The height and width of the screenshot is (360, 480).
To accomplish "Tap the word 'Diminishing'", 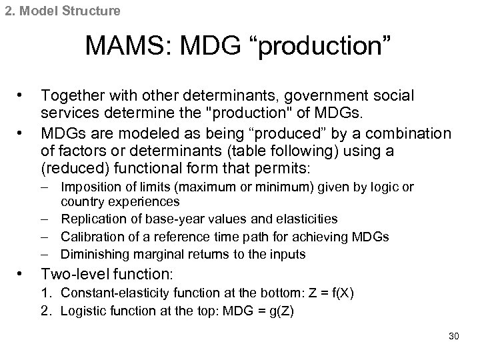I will pos(91,254).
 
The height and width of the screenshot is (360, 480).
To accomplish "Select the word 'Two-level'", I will pos(73,273).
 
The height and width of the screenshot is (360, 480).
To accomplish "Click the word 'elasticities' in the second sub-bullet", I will pos(309,219).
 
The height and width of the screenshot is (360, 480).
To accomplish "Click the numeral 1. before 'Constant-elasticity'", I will pos(46,293).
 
